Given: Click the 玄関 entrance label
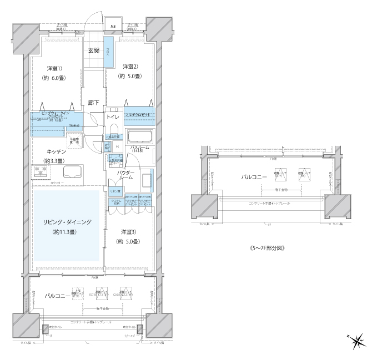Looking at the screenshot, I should click(x=93, y=51).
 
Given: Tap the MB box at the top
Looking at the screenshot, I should click(x=113, y=26).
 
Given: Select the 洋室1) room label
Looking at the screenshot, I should click(x=54, y=68).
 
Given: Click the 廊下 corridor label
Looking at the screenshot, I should click(x=94, y=103).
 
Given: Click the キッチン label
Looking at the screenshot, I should click(x=57, y=151).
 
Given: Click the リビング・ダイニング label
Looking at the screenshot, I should click(x=67, y=222).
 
